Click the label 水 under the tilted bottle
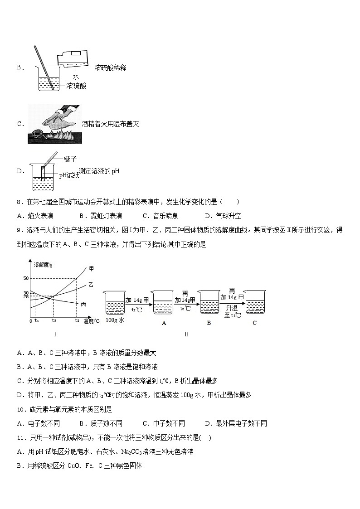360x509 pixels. [76, 77]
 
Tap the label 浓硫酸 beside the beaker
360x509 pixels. [76, 86]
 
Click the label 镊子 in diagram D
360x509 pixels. [70, 159]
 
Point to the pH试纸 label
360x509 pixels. [69, 175]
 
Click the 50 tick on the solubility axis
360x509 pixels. [26, 278]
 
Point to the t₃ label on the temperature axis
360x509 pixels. [77, 320]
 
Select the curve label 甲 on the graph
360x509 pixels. [91, 269]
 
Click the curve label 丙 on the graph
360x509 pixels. [83, 304]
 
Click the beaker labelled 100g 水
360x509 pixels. [115, 302]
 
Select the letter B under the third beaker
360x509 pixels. [209, 323]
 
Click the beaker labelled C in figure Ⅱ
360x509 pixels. [254, 302]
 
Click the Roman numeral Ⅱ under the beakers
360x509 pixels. [186, 334]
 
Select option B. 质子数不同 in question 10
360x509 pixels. [101, 423]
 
